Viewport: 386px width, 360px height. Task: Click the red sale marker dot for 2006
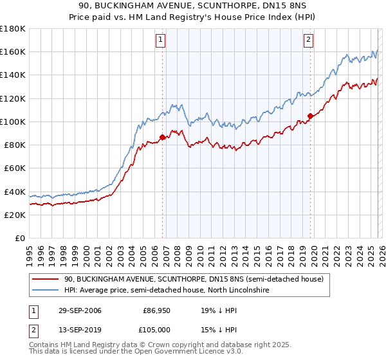pos(162,137)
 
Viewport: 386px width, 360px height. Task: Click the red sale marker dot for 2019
pos(310,116)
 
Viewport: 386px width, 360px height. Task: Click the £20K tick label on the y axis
pos(15,215)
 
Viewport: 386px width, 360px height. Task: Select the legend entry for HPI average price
pos(166,291)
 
